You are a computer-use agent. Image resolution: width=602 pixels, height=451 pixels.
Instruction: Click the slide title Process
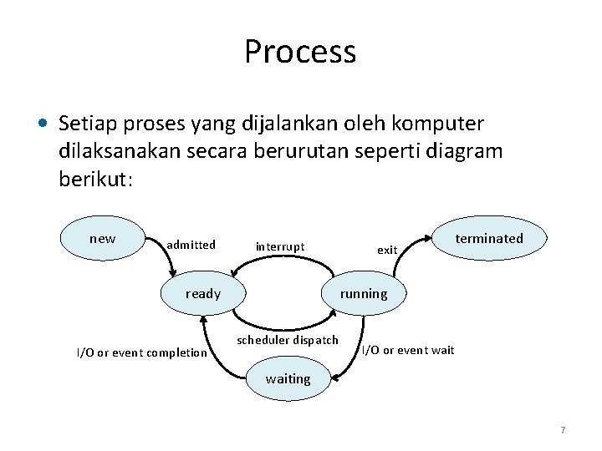[300, 52]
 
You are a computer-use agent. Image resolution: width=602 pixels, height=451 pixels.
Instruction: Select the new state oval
[102, 239]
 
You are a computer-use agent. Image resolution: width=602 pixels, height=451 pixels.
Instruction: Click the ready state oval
[202, 293]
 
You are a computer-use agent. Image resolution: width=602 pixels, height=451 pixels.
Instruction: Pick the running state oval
[364, 293]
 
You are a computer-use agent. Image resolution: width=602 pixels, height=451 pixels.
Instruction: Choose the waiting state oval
[288, 378]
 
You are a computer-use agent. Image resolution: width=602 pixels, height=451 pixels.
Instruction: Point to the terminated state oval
[489, 239]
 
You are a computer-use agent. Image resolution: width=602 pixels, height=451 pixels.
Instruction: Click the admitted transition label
[191, 245]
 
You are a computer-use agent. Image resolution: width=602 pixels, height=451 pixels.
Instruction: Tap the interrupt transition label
[280, 246]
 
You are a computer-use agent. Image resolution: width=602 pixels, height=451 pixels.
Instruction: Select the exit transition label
[387, 250]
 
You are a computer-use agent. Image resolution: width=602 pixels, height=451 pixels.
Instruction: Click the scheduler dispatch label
[288, 340]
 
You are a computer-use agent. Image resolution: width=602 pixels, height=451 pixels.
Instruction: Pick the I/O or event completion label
[142, 352]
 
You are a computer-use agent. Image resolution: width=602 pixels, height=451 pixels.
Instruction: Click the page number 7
[563, 430]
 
